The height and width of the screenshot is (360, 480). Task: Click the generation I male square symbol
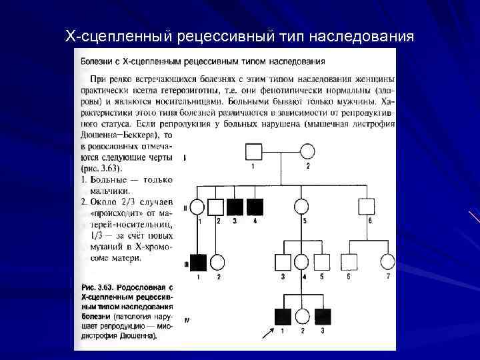(x=253, y=151)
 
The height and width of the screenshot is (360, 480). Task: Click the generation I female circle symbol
(x=307, y=151)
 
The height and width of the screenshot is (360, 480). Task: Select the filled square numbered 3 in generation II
(x=234, y=207)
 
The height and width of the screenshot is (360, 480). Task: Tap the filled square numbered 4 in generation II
(x=255, y=207)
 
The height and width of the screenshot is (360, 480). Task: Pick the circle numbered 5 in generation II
(x=303, y=207)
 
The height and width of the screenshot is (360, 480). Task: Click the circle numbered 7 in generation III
(x=387, y=262)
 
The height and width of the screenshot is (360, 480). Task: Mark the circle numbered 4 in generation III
(x=303, y=262)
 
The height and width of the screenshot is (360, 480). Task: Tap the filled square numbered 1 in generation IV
(x=283, y=317)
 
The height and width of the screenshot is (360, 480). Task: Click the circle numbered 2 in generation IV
(x=303, y=317)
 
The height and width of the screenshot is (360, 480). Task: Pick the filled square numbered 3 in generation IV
(x=323, y=317)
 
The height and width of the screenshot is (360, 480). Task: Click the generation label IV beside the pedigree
(x=187, y=320)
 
